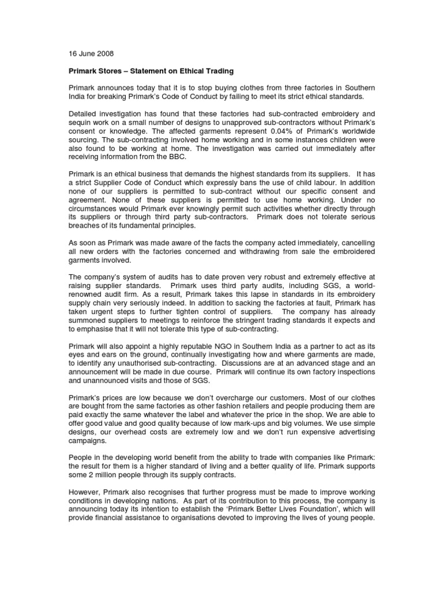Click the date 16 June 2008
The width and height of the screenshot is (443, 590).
[87, 54]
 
